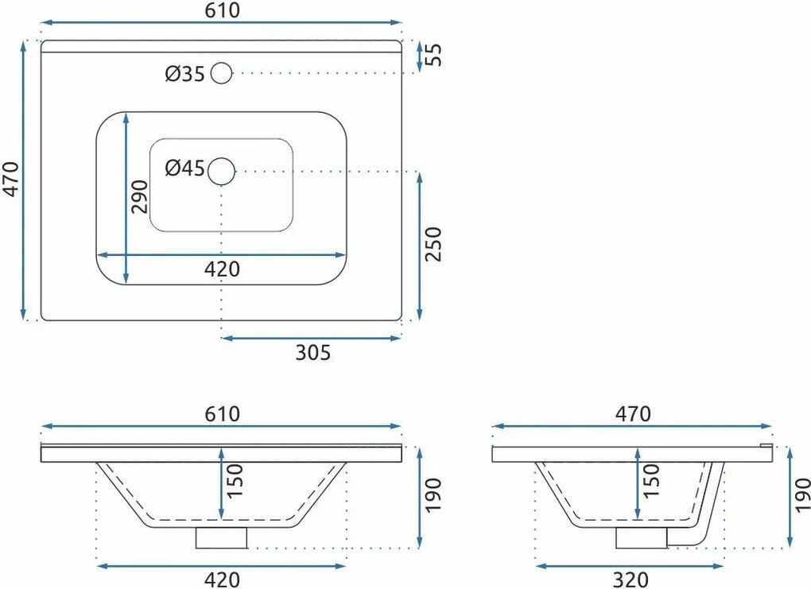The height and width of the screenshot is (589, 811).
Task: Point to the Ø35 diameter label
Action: [x=185, y=74]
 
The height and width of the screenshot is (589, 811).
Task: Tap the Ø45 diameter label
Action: [x=185, y=168]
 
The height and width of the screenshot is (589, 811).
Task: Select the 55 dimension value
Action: [x=433, y=55]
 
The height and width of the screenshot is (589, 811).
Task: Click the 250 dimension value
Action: [x=433, y=244]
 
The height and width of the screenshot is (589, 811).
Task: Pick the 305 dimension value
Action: [x=313, y=352]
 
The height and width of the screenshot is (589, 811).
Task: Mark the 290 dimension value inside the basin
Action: [x=139, y=196]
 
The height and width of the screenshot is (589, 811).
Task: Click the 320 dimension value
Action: [x=631, y=579]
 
